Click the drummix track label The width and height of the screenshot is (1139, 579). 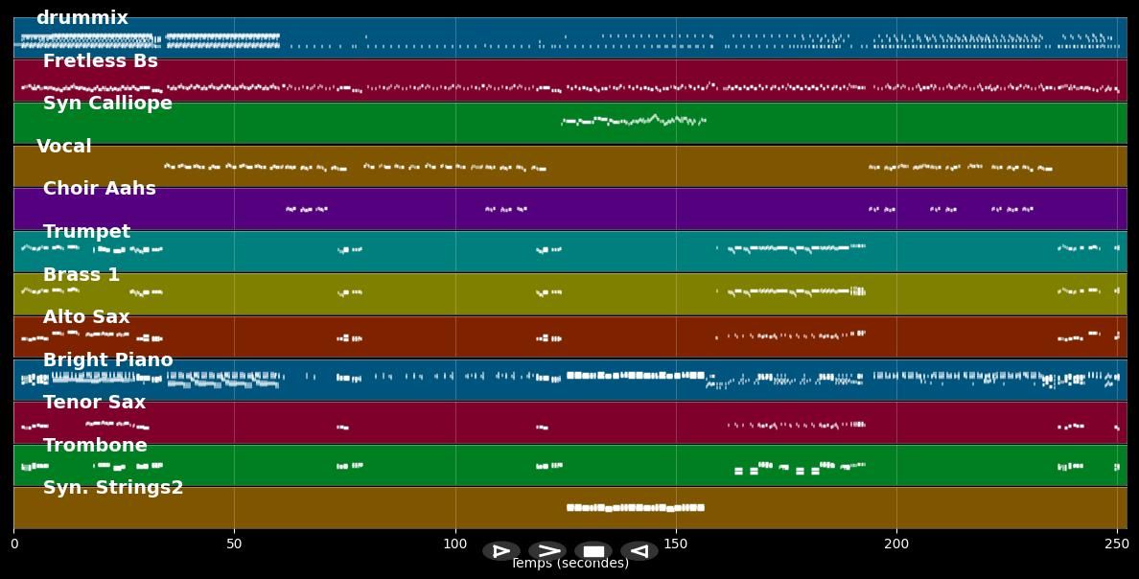(x=81, y=18)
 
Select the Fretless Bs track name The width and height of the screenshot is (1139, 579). (x=100, y=61)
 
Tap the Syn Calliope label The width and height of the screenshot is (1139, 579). (x=107, y=104)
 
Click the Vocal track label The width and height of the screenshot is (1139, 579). (x=64, y=147)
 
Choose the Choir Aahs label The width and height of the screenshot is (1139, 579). (x=99, y=189)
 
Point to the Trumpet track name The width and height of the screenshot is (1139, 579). (x=86, y=232)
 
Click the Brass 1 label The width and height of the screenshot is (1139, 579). (x=81, y=275)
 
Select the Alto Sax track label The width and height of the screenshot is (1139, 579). (x=86, y=317)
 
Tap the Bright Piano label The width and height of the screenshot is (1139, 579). (x=107, y=360)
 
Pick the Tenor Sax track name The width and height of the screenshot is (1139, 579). (x=94, y=403)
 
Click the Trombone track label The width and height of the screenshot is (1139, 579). (x=95, y=446)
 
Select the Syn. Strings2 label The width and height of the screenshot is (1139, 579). (x=113, y=488)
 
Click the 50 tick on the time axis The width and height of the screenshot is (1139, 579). (x=234, y=544)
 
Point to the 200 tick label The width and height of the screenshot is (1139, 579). (x=896, y=544)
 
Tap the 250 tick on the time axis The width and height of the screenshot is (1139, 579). (x=1117, y=544)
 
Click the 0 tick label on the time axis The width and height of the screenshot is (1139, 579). (x=13, y=544)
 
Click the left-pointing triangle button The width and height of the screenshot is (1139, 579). (x=639, y=551)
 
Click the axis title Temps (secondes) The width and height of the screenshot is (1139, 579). (x=569, y=564)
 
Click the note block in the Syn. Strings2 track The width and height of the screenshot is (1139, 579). (x=636, y=507)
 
